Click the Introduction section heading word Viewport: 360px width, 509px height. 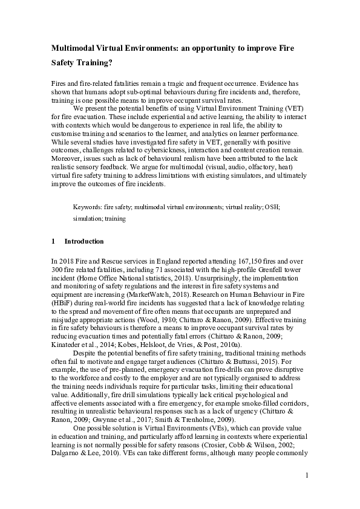pos(84,242)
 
